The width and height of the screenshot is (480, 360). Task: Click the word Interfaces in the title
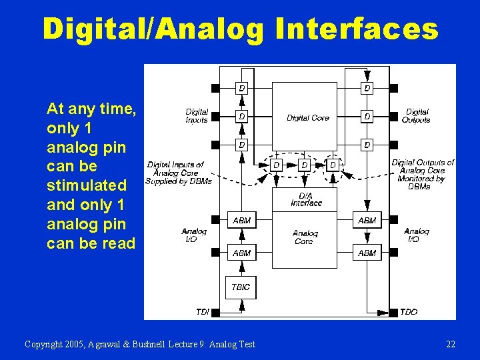(x=356, y=29)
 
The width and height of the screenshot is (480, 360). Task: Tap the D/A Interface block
(x=305, y=199)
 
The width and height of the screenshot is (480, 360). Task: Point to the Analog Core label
(x=305, y=237)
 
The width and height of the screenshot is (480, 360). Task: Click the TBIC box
(x=241, y=287)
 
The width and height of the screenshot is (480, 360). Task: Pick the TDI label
(x=202, y=312)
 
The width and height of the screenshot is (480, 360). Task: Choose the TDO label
(x=409, y=312)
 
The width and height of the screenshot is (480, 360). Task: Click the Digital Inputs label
(x=197, y=116)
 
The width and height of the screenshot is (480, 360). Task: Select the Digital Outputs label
(x=416, y=116)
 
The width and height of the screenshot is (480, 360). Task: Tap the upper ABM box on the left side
(x=241, y=220)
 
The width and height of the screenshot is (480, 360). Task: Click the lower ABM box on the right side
(x=367, y=253)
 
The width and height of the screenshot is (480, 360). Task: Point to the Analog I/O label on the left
(x=194, y=235)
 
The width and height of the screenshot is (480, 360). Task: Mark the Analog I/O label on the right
(x=416, y=235)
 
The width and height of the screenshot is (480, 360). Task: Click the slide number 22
(x=451, y=344)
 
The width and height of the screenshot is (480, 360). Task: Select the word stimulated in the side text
(x=87, y=184)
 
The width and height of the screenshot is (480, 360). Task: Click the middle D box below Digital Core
(x=304, y=165)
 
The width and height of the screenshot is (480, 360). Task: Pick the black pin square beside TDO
(x=393, y=312)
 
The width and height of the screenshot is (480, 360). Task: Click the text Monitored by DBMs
(x=421, y=183)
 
